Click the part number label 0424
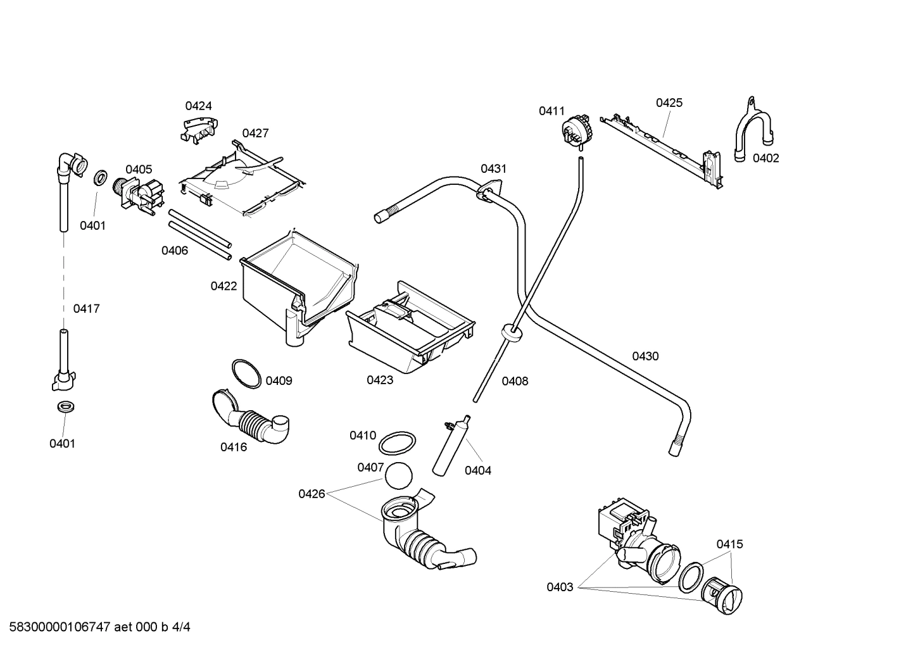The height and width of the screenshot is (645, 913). pos(198,106)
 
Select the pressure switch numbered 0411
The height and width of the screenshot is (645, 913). pos(577,131)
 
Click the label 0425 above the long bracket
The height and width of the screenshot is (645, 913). pos(669,103)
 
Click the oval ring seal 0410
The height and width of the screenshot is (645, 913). pos(398,443)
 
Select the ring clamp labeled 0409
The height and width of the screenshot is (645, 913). pos(246,373)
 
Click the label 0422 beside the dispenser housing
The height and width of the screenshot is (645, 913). pos(224,286)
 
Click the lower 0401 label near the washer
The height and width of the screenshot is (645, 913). pos(62,444)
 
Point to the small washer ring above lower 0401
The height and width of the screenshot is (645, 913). pos(65,407)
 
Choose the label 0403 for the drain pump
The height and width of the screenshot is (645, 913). pos(560,587)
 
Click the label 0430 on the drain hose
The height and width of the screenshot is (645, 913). pos(645,356)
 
